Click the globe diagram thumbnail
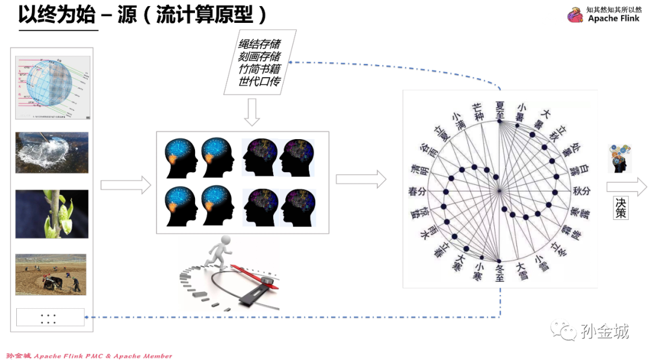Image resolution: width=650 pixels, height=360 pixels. [x=53, y=88]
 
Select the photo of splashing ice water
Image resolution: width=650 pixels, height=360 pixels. [x=52, y=152]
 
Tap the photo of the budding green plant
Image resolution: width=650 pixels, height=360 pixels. [x=52, y=214]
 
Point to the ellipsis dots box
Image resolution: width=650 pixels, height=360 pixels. [x=50, y=317]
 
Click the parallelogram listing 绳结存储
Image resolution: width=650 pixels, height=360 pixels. [x=259, y=63]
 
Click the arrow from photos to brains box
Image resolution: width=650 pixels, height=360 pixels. [x=125, y=185]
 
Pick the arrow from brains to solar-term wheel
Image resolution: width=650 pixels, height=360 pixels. [x=361, y=179]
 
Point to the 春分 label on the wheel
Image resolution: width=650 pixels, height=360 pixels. [x=416, y=191]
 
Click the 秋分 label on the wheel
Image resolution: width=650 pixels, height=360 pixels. [x=581, y=191]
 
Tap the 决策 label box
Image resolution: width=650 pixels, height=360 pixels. [x=621, y=208]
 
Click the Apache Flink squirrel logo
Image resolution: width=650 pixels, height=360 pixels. [x=575, y=15]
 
